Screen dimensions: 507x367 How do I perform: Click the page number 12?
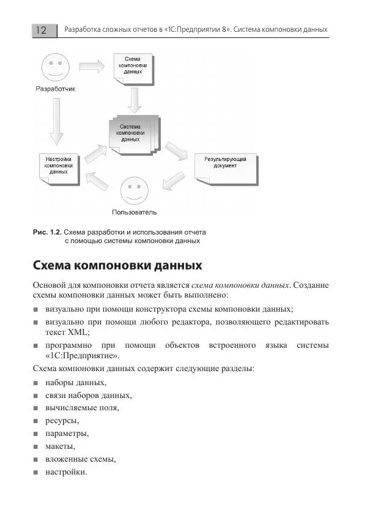click(42, 30)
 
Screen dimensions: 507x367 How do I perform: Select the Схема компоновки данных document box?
click(133, 67)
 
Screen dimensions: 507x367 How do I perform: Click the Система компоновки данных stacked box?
click(133, 134)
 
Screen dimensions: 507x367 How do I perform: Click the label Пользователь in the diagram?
click(135, 213)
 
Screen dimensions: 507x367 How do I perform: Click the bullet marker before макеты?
click(37, 446)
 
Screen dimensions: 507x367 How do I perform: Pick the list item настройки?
click(66, 472)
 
